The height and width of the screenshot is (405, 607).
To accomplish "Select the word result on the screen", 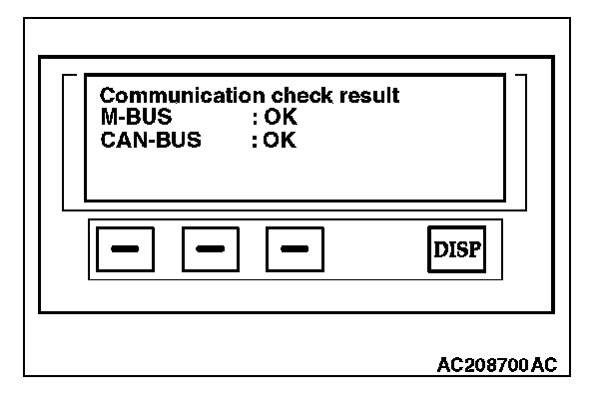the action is (x=365, y=97).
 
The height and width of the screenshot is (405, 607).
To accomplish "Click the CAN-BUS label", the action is (x=150, y=140).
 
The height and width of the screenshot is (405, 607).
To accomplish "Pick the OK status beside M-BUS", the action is (x=283, y=118).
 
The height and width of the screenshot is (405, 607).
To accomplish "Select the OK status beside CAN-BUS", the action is (x=283, y=140).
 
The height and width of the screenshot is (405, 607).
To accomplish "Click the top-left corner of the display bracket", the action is (x=66, y=77).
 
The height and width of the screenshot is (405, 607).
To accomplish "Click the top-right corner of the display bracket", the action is (x=522, y=77).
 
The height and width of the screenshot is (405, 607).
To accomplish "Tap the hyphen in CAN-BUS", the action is (x=149, y=141).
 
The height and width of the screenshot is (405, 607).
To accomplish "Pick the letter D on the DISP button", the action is (x=440, y=248).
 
